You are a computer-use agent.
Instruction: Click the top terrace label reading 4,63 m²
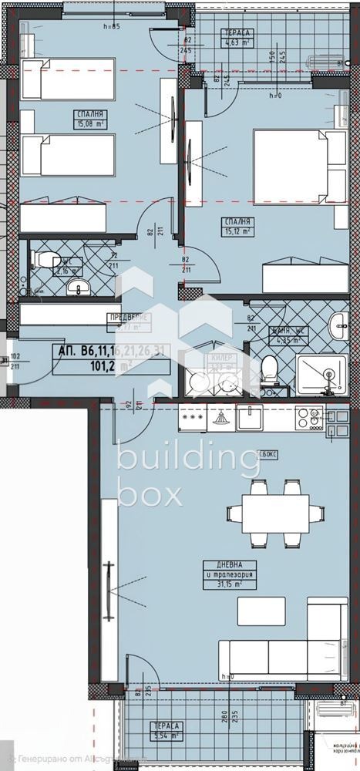coord(233,39)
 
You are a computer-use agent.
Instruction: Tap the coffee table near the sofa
coord(261,611)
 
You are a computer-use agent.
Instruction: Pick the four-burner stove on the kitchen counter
coord(311,418)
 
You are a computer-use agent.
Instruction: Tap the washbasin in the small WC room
coord(78,288)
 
